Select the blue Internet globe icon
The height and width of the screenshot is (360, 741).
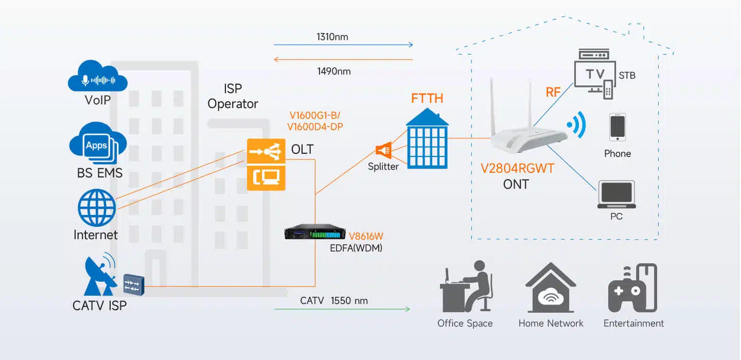97,208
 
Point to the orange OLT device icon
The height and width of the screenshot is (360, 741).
266,164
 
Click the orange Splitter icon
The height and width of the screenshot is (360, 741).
383,150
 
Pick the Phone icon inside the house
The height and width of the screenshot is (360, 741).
617,128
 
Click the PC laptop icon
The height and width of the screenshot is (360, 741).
616,194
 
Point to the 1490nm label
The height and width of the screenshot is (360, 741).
334,71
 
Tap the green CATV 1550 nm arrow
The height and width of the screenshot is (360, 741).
342,309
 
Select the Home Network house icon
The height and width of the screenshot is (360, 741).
551,290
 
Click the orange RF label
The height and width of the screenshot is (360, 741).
553,93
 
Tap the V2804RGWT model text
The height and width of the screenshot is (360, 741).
517,169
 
